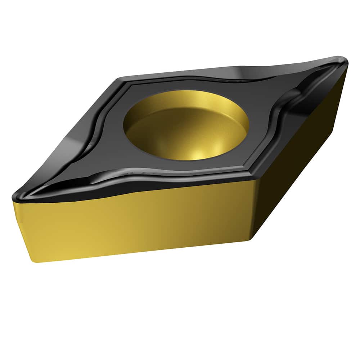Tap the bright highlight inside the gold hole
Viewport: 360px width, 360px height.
coord(202,153)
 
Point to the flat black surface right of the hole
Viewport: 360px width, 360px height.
coord(263,108)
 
